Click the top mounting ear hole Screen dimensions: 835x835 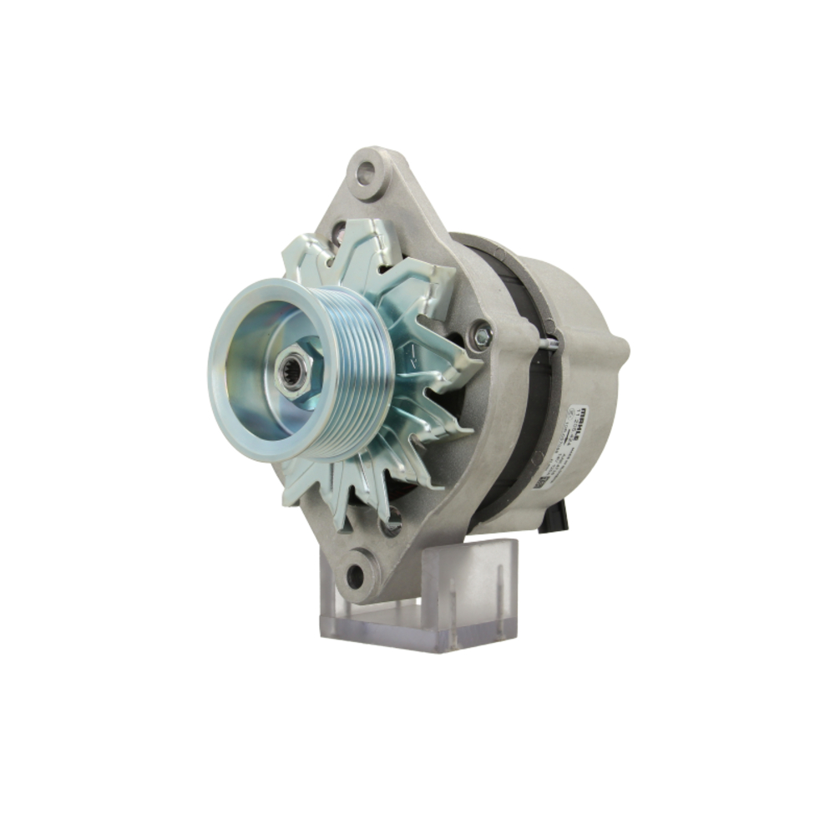point(365,174)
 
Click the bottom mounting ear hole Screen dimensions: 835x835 point(357,574)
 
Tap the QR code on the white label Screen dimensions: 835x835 point(542,483)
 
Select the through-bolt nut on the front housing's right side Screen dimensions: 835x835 point(481,335)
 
